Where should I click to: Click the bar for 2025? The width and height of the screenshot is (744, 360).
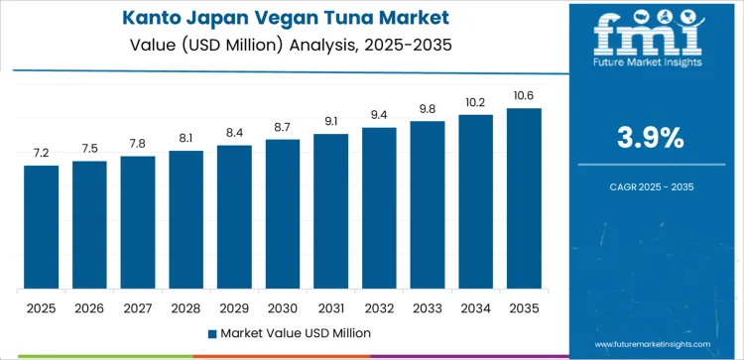click(x=42, y=227)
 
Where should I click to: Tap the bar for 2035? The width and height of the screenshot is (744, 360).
click(x=524, y=198)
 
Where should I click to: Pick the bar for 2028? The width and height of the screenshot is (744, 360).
click(x=186, y=220)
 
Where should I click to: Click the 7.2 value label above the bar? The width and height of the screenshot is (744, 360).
click(x=42, y=154)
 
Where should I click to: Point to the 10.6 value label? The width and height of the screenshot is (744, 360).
click(x=524, y=96)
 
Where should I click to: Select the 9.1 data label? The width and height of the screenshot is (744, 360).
click(x=330, y=122)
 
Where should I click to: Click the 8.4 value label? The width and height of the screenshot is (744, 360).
click(x=234, y=133)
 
